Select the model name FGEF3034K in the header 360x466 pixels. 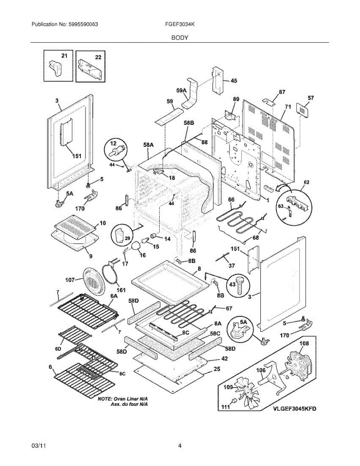pos(179,24)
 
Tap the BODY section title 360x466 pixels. pos(180,38)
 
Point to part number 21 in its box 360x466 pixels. pos(64,56)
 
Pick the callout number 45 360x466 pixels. pos(234,81)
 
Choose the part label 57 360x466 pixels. pos(310,98)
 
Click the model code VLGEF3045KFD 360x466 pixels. pos(294,409)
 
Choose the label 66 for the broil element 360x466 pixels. pos(231,200)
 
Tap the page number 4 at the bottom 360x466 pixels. pos(180,446)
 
